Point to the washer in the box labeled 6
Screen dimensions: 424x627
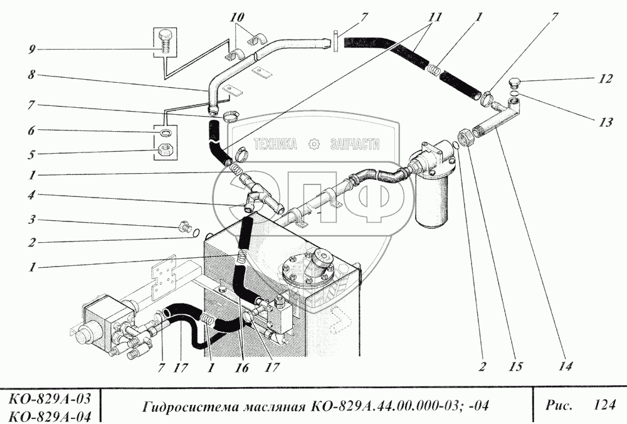coord(166,133)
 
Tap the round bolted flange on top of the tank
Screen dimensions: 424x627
coord(308,271)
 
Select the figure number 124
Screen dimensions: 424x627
coord(603,406)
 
